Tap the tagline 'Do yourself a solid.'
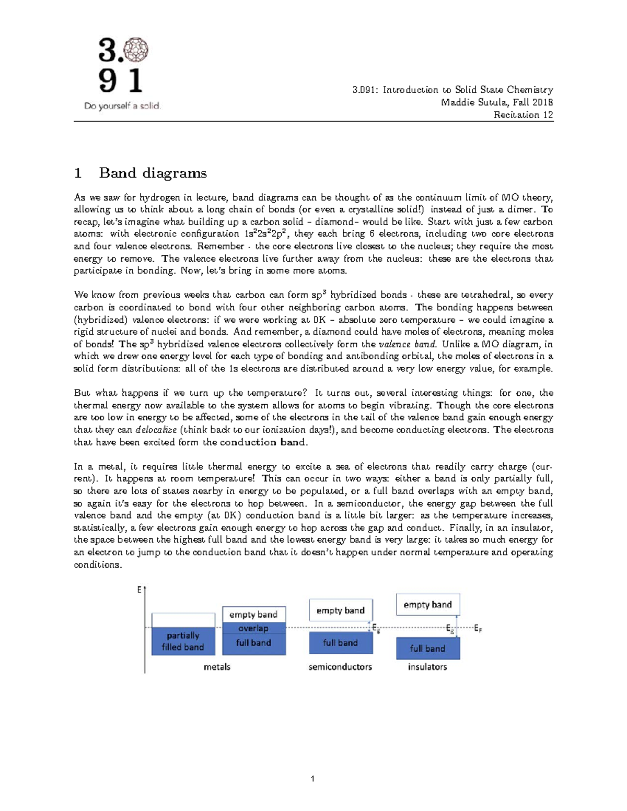[122, 106]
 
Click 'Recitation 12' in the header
[523, 115]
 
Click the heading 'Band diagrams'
[153, 173]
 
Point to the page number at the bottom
[312, 779]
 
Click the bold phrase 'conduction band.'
[264, 442]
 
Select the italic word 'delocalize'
[156, 430]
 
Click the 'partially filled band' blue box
[182, 641]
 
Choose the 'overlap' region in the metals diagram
[253, 628]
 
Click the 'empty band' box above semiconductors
[341, 610]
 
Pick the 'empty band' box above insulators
[427, 605]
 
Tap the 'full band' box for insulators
[427, 649]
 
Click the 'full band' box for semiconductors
[341, 643]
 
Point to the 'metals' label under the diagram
[217, 667]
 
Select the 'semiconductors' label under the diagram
[340, 667]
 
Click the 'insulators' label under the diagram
[427, 667]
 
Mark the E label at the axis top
[140, 590]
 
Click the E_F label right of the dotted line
[478, 629]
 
